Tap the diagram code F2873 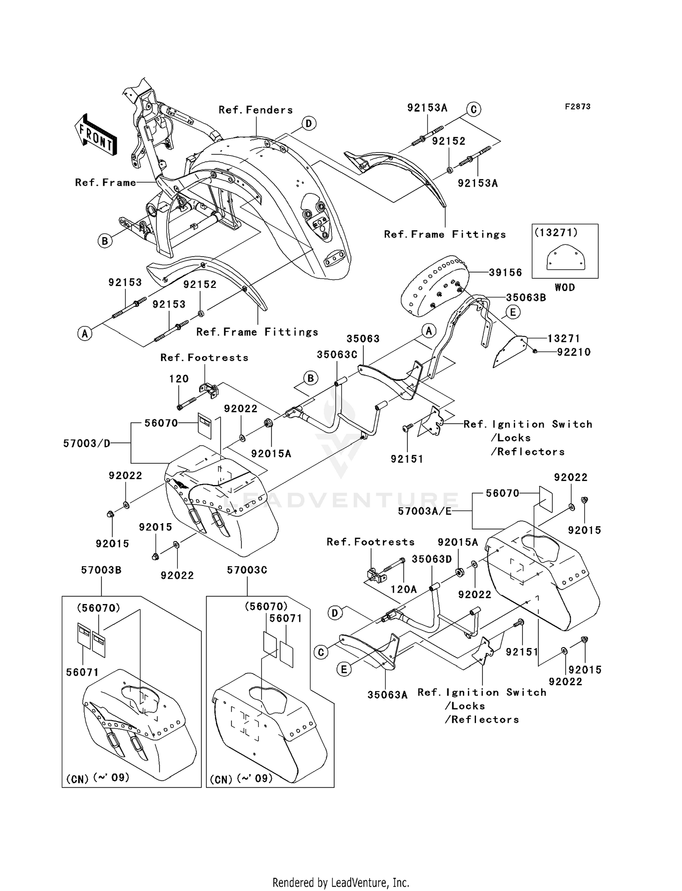coord(577,107)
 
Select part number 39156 coord(505,272)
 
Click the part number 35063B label coord(526,298)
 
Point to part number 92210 coord(574,352)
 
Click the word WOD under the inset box coord(565,287)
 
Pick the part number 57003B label coord(101,570)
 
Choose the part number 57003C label coord(247,570)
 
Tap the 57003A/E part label coord(425,511)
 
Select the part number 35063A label coord(387,695)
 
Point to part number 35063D coord(432,559)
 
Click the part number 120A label coord(404,589)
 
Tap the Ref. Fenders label coord(256,110)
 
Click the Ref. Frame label coord(105,183)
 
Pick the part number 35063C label coord(337,355)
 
